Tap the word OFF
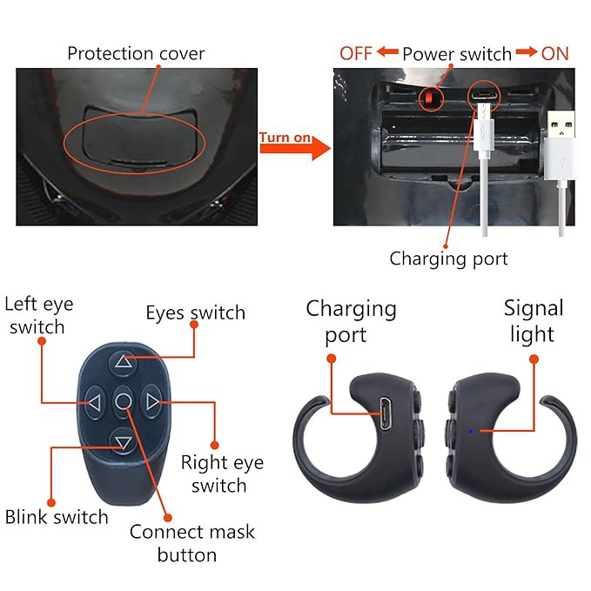(356, 54)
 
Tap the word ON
(554, 54)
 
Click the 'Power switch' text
(457, 54)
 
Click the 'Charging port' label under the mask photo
(448, 258)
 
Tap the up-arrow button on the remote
(124, 363)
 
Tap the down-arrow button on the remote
(124, 442)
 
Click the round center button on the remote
(124, 402)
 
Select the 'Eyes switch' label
(195, 313)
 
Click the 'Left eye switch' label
(39, 316)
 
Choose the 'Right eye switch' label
(222, 473)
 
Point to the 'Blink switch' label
(57, 516)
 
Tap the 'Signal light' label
(534, 320)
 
